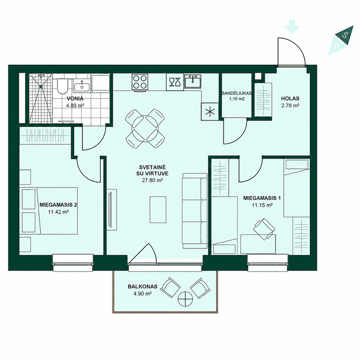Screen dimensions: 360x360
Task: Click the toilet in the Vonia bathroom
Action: (x=62, y=86)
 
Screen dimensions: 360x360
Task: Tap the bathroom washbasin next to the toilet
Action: (x=82, y=86)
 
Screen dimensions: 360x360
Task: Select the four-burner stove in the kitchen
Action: (x=140, y=82)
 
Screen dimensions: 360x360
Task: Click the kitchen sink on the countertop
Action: (x=193, y=81)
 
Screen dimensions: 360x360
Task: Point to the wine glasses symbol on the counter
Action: (x=175, y=82)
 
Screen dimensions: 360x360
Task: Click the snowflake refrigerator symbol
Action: (x=210, y=112)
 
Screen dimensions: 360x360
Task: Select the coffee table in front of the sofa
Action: (x=158, y=210)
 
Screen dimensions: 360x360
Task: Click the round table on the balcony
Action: (x=185, y=299)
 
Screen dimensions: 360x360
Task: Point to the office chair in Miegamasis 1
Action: (x=264, y=229)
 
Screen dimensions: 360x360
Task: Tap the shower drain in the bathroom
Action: (x=41, y=86)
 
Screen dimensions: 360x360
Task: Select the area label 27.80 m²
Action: (x=152, y=180)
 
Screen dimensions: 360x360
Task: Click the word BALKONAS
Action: (x=142, y=286)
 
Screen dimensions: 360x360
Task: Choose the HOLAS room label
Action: (x=290, y=98)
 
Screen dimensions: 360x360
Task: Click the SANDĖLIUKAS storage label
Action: (x=236, y=93)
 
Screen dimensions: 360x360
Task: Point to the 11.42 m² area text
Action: (x=59, y=212)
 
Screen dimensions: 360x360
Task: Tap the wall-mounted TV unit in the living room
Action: (x=112, y=209)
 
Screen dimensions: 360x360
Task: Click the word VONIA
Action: (x=75, y=99)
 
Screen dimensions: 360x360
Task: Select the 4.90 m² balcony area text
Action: (x=142, y=293)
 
